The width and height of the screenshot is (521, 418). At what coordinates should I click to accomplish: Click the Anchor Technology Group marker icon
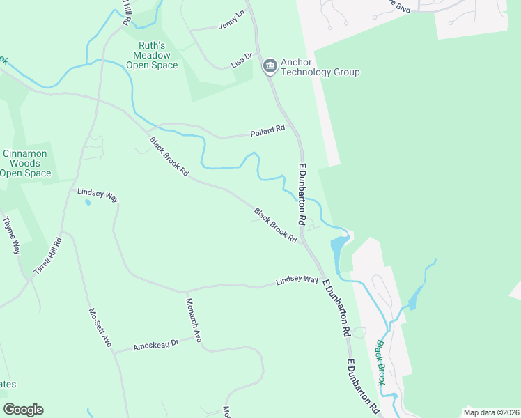[270, 67]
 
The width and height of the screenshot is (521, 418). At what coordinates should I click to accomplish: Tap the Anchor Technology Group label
[320, 67]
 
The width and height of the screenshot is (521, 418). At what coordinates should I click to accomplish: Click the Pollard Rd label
[268, 130]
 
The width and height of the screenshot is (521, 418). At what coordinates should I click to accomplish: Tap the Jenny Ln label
[232, 22]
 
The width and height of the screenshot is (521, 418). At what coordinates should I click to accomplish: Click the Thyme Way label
[12, 235]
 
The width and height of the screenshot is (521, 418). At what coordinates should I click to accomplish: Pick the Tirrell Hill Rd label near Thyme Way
[48, 256]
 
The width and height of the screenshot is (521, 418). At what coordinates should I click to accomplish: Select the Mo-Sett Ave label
[100, 328]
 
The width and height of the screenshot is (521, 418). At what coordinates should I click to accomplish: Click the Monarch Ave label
[193, 320]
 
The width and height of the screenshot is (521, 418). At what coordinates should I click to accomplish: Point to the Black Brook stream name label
[381, 362]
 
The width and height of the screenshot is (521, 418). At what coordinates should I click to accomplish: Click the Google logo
[23, 410]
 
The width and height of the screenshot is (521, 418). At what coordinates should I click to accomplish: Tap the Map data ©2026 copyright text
[490, 412]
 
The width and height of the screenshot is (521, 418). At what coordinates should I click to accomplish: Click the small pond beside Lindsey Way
[86, 203]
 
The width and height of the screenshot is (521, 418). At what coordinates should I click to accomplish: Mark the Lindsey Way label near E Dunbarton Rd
[297, 281]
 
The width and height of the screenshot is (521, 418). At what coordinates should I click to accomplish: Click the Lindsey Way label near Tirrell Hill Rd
[98, 194]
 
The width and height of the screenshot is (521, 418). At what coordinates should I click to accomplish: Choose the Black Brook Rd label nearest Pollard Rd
[169, 155]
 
